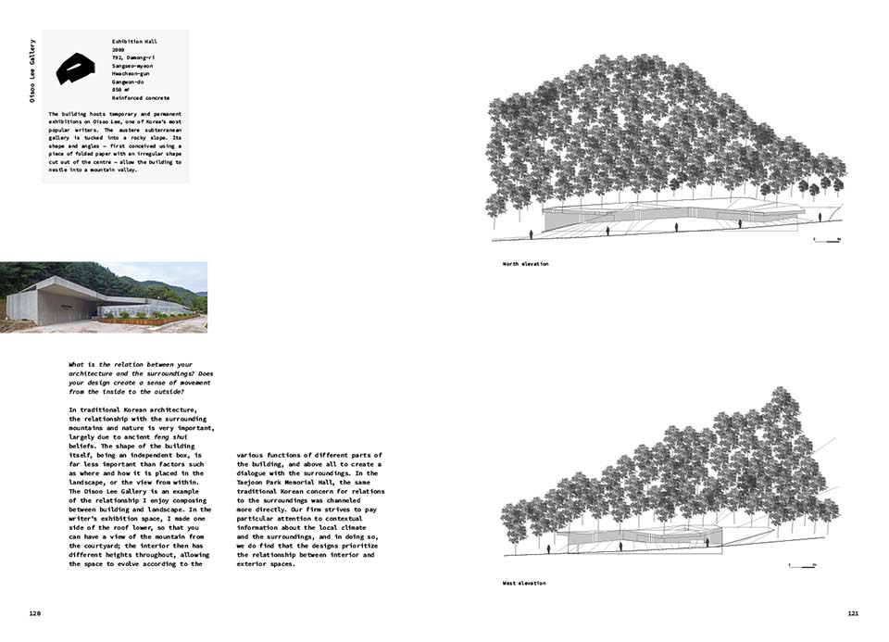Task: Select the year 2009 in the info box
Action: coord(119,51)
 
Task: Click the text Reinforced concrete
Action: coord(140,97)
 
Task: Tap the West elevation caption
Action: coord(523,584)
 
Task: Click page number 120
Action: coord(35,613)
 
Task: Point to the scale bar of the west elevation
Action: coord(800,562)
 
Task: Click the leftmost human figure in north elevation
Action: coord(531,234)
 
